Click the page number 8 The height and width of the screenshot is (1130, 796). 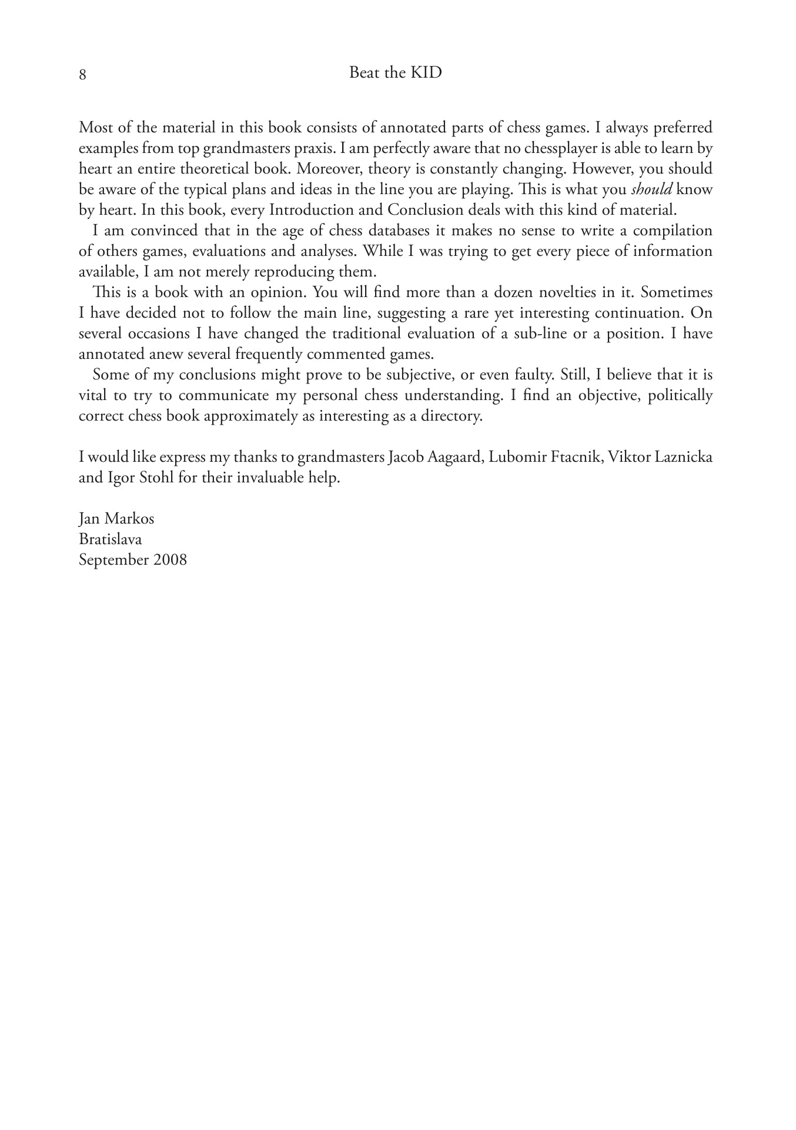click(83, 75)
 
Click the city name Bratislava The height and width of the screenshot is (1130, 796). click(110, 539)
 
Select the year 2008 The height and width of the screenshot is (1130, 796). click(170, 559)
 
